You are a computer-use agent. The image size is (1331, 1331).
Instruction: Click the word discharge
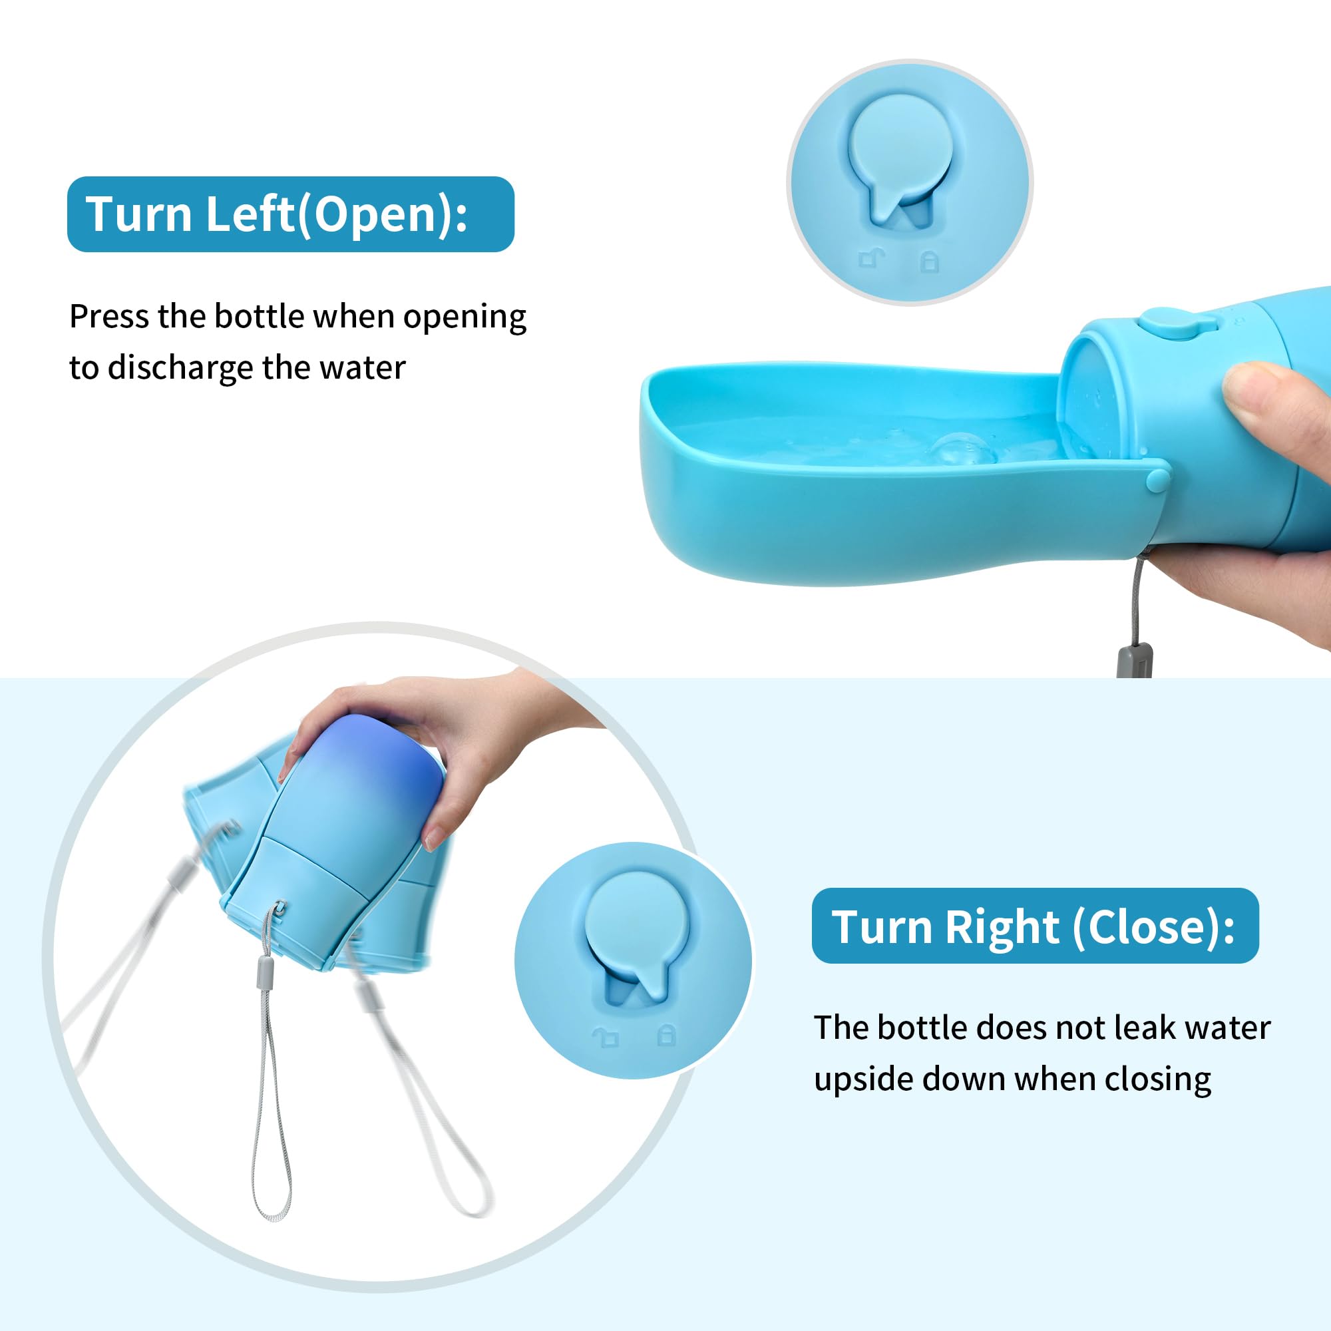180,368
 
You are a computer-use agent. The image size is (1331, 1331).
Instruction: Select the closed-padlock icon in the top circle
930,261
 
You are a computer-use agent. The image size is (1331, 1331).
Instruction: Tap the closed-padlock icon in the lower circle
666,1035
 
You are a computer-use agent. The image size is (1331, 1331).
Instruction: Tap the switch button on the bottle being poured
1166,321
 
